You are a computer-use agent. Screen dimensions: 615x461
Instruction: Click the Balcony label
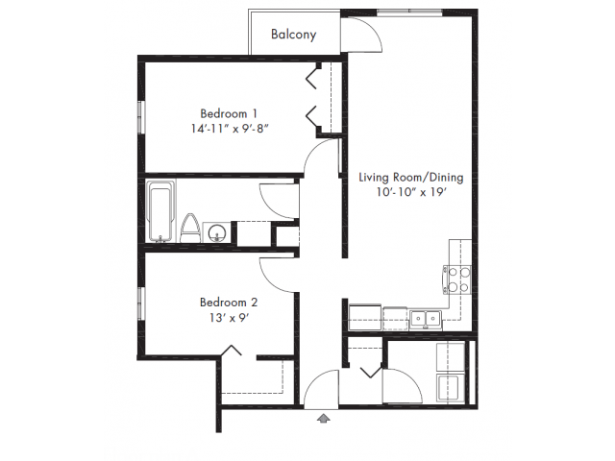pyautogui.click(x=293, y=35)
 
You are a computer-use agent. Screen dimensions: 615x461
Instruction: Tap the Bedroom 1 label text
pyautogui.click(x=229, y=113)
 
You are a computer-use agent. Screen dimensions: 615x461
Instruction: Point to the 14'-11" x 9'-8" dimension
pyautogui.click(x=230, y=129)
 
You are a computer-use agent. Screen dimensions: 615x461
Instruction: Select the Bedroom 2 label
pyautogui.click(x=229, y=303)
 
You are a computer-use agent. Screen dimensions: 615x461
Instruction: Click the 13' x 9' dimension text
pyautogui.click(x=230, y=317)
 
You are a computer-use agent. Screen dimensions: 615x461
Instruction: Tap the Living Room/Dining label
pyautogui.click(x=411, y=178)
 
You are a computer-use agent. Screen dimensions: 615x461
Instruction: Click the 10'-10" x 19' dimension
pyautogui.click(x=411, y=192)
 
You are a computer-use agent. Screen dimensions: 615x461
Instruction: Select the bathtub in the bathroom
pyautogui.click(x=160, y=211)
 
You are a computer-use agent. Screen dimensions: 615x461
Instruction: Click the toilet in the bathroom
pyautogui.click(x=190, y=229)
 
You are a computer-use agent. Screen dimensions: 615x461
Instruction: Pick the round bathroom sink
pyautogui.click(x=216, y=232)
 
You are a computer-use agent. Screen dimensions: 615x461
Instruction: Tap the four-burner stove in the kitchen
pyautogui.click(x=457, y=279)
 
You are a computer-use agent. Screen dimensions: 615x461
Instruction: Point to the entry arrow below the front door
pyautogui.click(x=323, y=419)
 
